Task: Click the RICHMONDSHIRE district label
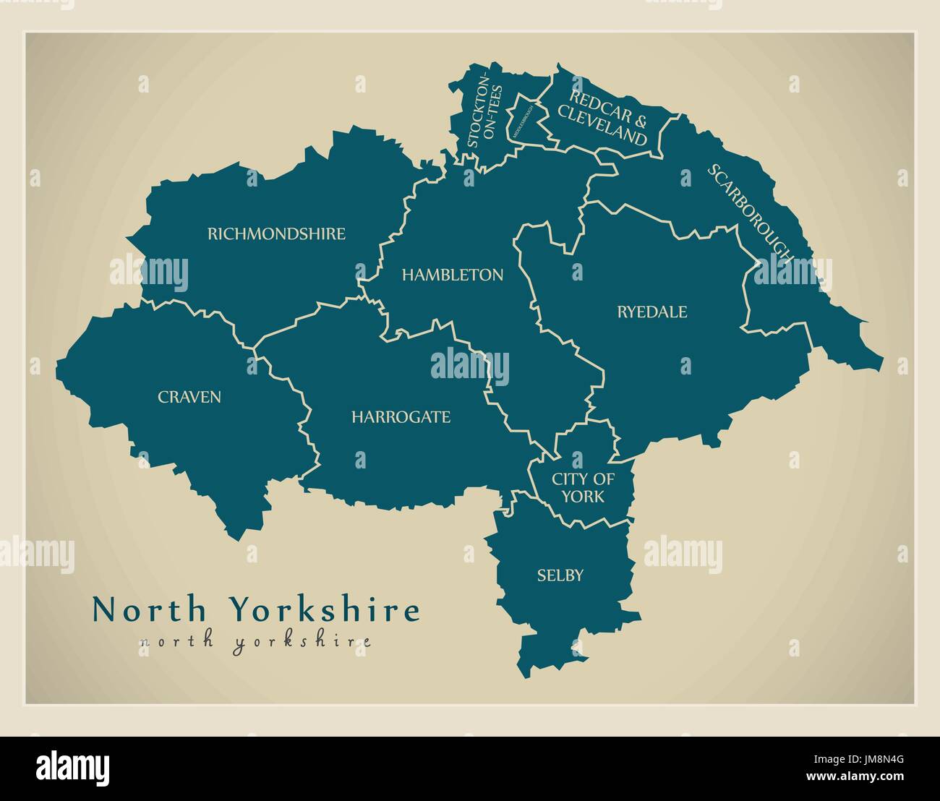276,234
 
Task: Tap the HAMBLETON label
453,275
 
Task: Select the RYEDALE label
651,312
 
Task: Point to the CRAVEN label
189,397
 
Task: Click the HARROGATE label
401,417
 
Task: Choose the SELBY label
560,575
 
